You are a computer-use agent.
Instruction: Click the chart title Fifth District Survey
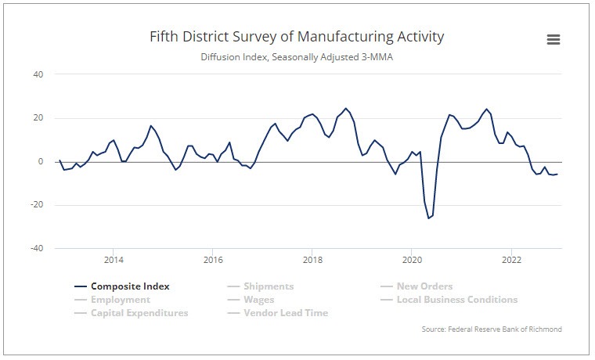click(x=297, y=37)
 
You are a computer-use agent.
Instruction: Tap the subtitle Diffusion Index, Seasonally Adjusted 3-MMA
click(x=297, y=57)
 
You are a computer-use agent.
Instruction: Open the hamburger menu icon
click(x=553, y=40)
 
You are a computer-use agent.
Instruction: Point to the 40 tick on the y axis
click(x=38, y=74)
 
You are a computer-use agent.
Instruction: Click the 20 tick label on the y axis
click(x=38, y=118)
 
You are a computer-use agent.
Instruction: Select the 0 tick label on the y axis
click(x=40, y=162)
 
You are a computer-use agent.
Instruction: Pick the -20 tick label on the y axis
click(x=36, y=205)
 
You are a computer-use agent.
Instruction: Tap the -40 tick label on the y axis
click(x=36, y=249)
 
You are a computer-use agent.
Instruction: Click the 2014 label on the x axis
click(x=114, y=260)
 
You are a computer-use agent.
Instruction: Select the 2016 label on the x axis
click(x=213, y=260)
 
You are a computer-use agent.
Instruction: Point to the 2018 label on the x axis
click(x=312, y=260)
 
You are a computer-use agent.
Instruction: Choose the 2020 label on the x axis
click(x=412, y=260)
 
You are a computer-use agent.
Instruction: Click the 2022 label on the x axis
click(x=511, y=260)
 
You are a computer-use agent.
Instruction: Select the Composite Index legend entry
click(x=129, y=286)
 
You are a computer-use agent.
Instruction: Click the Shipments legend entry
click(x=269, y=286)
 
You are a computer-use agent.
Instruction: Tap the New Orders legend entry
click(x=424, y=286)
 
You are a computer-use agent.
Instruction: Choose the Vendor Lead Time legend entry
click(x=286, y=313)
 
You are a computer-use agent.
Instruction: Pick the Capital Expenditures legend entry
click(x=139, y=313)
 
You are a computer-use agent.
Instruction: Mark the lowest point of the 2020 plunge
click(x=428, y=218)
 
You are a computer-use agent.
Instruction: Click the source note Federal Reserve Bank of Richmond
click(x=491, y=329)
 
